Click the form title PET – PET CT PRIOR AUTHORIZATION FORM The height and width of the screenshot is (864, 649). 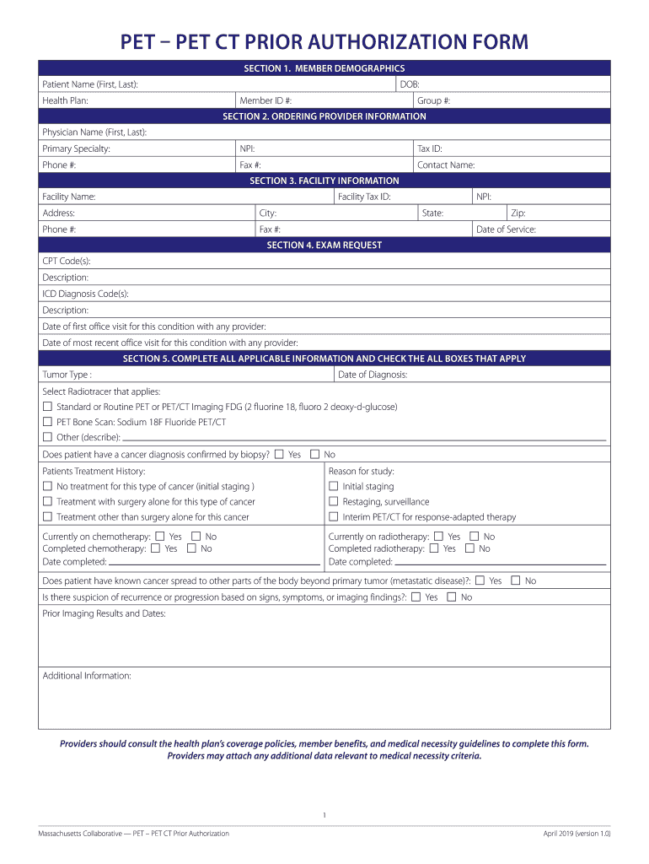coord(324,41)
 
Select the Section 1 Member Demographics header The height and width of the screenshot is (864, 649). coord(324,68)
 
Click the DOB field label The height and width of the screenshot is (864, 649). coord(410,84)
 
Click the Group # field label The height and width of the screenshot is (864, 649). coord(433,100)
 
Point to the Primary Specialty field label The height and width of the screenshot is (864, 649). coord(76,148)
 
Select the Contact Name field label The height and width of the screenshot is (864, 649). coord(446,165)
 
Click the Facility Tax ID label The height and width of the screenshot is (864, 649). coord(364,197)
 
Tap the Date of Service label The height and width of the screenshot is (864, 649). coord(506,229)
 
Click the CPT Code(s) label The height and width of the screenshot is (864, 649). coord(67,262)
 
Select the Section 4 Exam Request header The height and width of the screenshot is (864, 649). coord(324,246)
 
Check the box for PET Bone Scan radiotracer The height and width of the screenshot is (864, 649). coord(47,422)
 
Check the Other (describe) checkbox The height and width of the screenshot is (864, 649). coord(47,437)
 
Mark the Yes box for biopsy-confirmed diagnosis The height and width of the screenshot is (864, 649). coord(279,455)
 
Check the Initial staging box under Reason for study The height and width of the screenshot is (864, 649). coord(333,487)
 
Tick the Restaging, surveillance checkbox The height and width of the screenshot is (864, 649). coord(333,502)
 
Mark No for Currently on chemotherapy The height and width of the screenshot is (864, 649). coord(196,537)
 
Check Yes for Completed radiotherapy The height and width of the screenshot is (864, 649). coord(433,548)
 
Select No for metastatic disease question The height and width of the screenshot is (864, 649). coord(515,580)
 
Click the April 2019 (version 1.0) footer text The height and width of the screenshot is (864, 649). coord(577,834)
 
